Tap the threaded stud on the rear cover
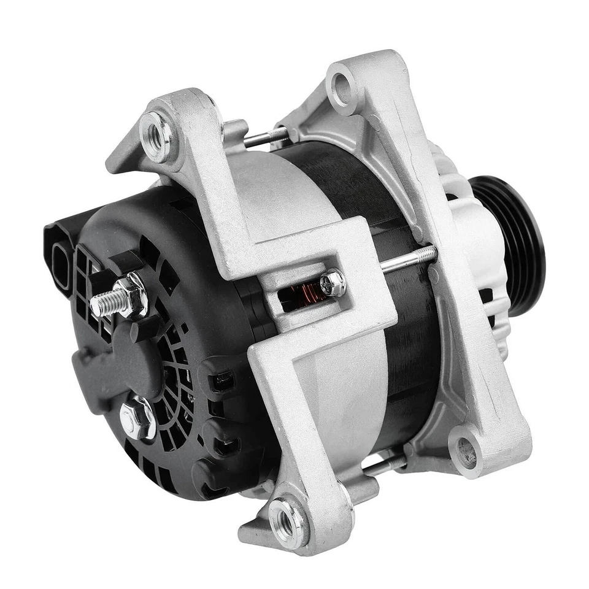click(x=104, y=302)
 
